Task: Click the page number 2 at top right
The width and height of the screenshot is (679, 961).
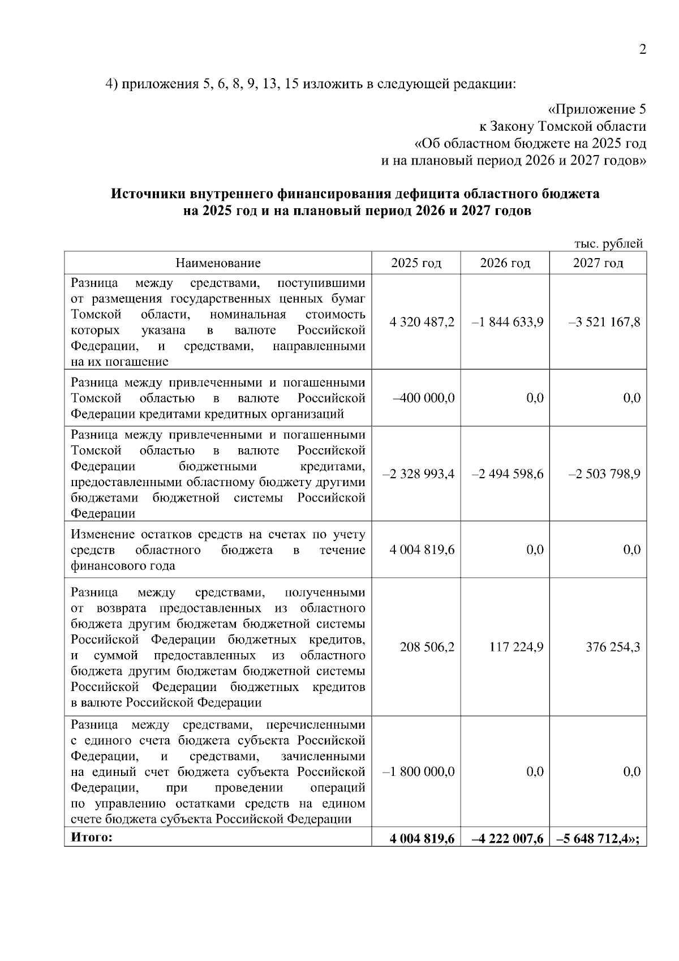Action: coord(642,50)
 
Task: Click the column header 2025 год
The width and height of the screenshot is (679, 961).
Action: coord(416,263)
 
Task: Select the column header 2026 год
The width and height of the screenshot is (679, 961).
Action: coord(505,263)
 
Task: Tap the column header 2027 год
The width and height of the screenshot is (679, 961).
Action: coord(598,263)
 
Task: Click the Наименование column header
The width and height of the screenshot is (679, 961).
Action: coord(218,263)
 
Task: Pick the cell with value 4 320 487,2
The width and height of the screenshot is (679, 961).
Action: coord(422,322)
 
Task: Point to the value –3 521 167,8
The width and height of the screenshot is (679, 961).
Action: coord(604,322)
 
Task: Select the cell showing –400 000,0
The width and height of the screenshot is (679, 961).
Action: coord(424,398)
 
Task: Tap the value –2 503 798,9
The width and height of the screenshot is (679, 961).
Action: coord(604,474)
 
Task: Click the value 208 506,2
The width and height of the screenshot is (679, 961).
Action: coord(427,647)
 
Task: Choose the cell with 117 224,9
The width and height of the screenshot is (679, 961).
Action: coord(516,647)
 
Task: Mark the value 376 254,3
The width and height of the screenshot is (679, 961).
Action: coord(613,647)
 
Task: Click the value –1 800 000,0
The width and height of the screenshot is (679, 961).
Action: coord(419,772)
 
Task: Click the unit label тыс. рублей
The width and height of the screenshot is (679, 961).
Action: coord(608,244)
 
